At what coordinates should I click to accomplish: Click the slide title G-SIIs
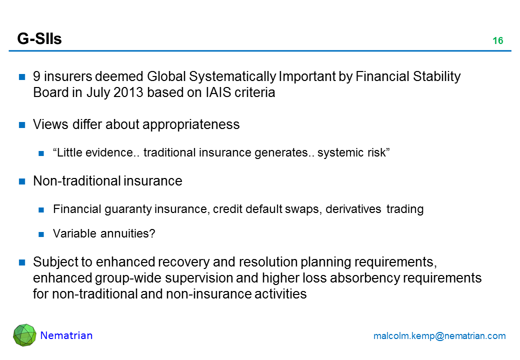pyautogui.click(x=39, y=39)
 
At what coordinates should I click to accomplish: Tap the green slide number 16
pyautogui.click(x=498, y=41)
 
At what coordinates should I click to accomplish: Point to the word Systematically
pyautogui.click(x=232, y=77)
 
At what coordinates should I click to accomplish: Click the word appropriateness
pyautogui.click(x=191, y=125)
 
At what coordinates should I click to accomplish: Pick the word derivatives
pyautogui.click(x=353, y=209)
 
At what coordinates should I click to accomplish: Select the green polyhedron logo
pyautogui.click(x=24, y=335)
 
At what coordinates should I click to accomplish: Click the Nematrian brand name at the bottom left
pyautogui.click(x=66, y=335)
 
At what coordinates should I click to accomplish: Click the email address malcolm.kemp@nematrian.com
pyautogui.click(x=439, y=336)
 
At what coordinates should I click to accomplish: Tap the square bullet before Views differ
pyautogui.click(x=22, y=125)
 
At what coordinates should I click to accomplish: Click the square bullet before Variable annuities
pyautogui.click(x=41, y=234)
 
